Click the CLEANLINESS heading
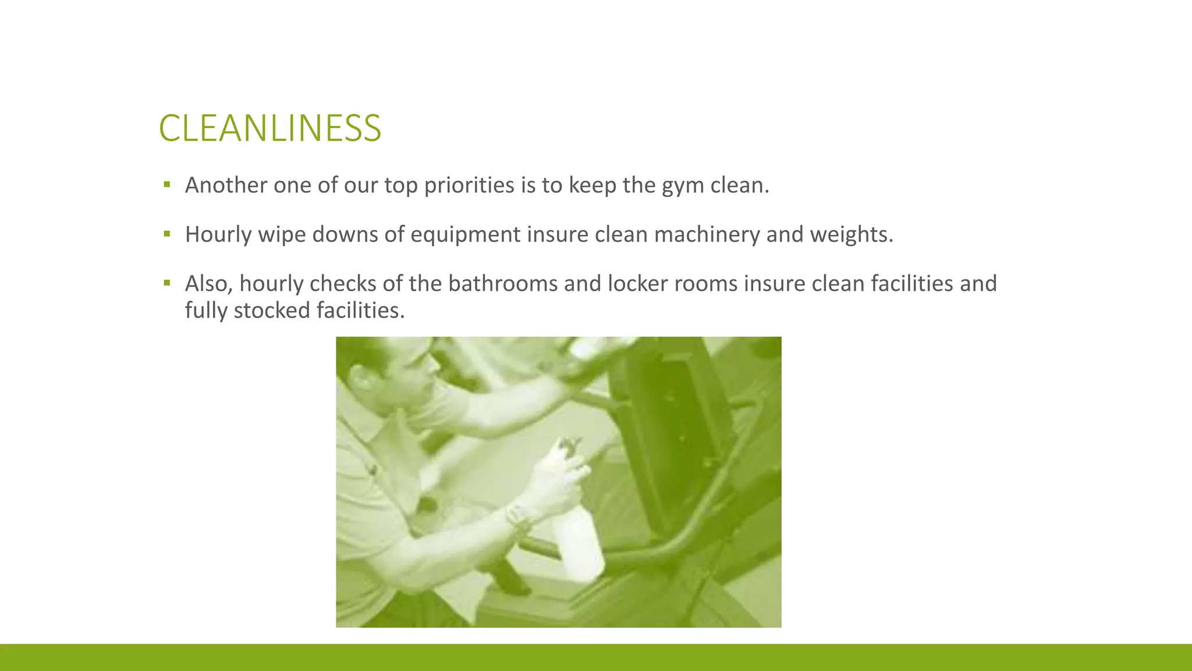coord(270,128)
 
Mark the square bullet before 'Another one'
coord(167,185)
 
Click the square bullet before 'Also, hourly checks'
coord(167,284)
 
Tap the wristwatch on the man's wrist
coord(517,515)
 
